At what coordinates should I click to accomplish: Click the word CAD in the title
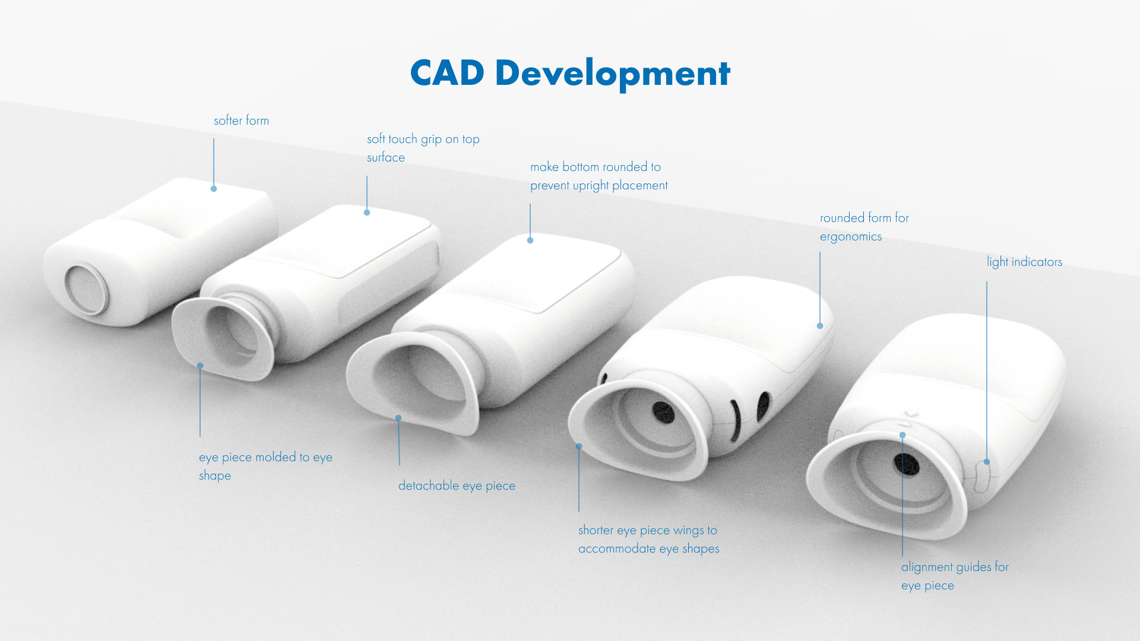point(446,73)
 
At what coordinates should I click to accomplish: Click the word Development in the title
point(612,74)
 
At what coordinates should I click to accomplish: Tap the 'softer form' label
point(241,120)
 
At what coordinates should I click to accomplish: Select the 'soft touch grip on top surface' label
point(423,148)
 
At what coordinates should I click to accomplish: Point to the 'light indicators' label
point(1024,262)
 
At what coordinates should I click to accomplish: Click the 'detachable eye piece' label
point(457,485)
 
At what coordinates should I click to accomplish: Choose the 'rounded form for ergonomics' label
point(864,227)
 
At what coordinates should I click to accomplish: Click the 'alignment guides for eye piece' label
point(955,576)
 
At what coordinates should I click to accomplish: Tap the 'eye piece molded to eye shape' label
point(265,466)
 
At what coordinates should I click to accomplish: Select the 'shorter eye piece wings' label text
point(648,539)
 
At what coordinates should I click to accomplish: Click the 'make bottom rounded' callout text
point(598,176)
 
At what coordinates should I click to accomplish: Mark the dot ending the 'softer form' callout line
point(214,189)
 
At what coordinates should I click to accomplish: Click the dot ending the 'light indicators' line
point(987,462)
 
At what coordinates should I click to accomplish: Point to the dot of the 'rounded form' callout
point(820,326)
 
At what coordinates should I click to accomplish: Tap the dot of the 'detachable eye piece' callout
point(398,418)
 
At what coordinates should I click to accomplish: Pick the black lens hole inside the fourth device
point(663,412)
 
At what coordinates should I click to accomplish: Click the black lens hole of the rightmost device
point(907,464)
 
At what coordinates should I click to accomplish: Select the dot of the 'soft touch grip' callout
point(367,212)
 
